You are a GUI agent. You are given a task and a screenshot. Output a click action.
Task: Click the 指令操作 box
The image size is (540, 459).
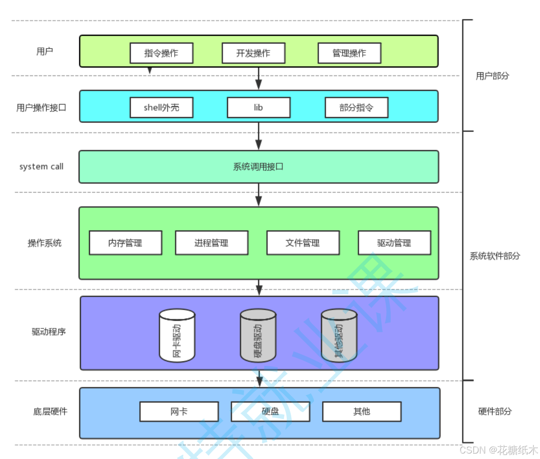pos(161,53)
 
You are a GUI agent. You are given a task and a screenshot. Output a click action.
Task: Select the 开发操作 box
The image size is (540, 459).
pos(253,53)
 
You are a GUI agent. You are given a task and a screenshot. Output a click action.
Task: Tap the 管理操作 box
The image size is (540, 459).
pos(349,53)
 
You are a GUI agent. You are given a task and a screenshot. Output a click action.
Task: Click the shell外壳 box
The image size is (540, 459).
pos(161,108)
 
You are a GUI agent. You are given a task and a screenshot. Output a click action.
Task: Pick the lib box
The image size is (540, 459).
pos(259,108)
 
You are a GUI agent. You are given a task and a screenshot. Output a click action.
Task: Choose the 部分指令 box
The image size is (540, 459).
pos(356,108)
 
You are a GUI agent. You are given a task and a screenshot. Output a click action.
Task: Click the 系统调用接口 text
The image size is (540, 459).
pos(258,167)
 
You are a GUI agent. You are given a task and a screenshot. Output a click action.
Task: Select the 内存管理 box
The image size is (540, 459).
pos(125,243)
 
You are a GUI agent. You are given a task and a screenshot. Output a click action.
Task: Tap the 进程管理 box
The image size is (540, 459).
pos(212,243)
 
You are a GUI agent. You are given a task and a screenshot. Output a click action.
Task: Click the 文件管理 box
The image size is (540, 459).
pos(303,243)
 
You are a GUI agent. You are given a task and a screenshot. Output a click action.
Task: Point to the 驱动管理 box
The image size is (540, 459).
pos(394,243)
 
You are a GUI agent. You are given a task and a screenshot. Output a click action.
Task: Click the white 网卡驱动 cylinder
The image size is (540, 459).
pos(177,336)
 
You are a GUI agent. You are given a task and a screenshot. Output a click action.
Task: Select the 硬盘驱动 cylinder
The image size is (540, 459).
pos(258,336)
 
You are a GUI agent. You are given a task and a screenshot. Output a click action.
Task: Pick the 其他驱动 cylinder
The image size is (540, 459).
pos(339,336)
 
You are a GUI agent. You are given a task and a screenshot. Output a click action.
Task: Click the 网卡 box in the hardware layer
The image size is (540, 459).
pos(179,412)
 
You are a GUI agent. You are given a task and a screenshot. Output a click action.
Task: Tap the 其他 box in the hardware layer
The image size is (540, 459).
pos(362,412)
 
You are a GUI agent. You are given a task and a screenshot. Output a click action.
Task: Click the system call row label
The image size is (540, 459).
pos(41,167)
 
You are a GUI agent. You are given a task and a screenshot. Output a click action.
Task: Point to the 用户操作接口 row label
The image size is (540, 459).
pos(41,108)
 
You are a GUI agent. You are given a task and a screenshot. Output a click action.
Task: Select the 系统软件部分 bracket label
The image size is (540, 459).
pos(495,256)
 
